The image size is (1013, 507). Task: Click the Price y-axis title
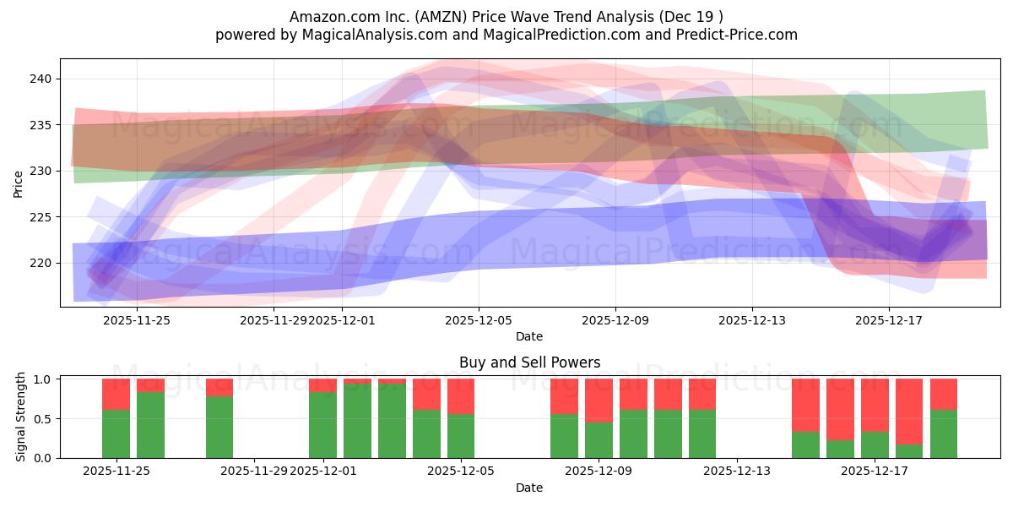click(x=19, y=183)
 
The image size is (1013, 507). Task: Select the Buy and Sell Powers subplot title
click(x=529, y=363)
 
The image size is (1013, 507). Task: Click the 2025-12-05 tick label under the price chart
click(x=479, y=321)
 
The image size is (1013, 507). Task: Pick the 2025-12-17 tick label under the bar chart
click(x=874, y=472)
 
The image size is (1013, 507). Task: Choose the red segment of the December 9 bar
click(x=599, y=400)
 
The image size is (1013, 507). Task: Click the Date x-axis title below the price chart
click(x=529, y=337)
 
